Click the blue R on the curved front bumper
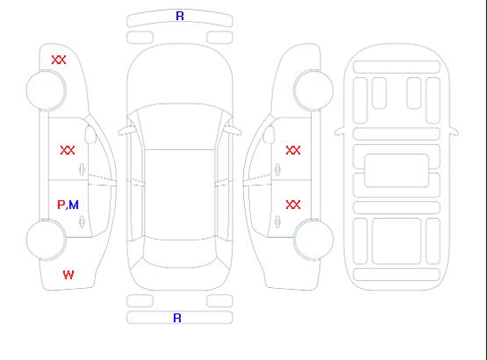[x=180, y=16]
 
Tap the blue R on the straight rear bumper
[x=177, y=318]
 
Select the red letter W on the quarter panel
[x=68, y=275]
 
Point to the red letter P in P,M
[x=61, y=205]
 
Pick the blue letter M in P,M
[x=74, y=205]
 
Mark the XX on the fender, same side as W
[x=59, y=60]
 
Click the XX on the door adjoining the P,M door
[x=68, y=150]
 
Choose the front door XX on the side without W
[x=293, y=150]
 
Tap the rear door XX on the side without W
[x=293, y=205]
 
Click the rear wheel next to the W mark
[x=46, y=240]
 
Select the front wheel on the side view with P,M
[x=46, y=90]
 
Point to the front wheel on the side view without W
[x=313, y=90]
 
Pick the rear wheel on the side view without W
[x=313, y=240]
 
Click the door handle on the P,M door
[x=83, y=221]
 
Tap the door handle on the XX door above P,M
[x=83, y=169]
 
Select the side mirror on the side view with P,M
[x=90, y=134]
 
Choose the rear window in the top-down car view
[x=180, y=254]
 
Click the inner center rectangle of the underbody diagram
[x=397, y=170]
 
